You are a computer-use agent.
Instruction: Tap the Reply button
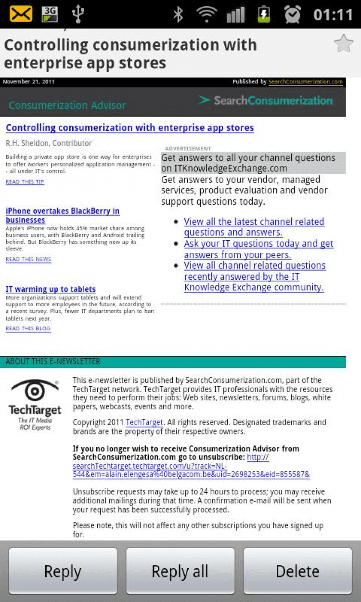pyautogui.click(x=63, y=571)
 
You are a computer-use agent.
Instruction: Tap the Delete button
pyautogui.click(x=297, y=571)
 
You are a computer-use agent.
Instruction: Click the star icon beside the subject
pyautogui.click(x=343, y=44)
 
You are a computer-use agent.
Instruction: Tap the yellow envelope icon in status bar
pyautogui.click(x=21, y=14)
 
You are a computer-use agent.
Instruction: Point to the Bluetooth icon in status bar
pyautogui.click(x=179, y=14)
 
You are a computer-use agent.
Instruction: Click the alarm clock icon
pyautogui.click(x=292, y=14)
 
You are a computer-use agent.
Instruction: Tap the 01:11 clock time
pyautogui.click(x=333, y=14)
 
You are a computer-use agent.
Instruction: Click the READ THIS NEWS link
pyautogui.click(x=28, y=260)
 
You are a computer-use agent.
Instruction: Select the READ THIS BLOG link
pyautogui.click(x=28, y=328)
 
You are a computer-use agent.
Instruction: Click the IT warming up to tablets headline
pyautogui.click(x=51, y=289)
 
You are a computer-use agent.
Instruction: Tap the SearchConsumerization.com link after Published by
pyautogui.click(x=305, y=82)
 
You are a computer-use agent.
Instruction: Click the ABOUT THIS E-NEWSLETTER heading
pyautogui.click(x=53, y=362)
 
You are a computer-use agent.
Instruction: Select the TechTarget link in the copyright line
pyautogui.click(x=144, y=422)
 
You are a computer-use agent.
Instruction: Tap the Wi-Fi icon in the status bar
pyautogui.click(x=206, y=14)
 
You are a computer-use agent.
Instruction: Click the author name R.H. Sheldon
pyautogui.click(x=48, y=143)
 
